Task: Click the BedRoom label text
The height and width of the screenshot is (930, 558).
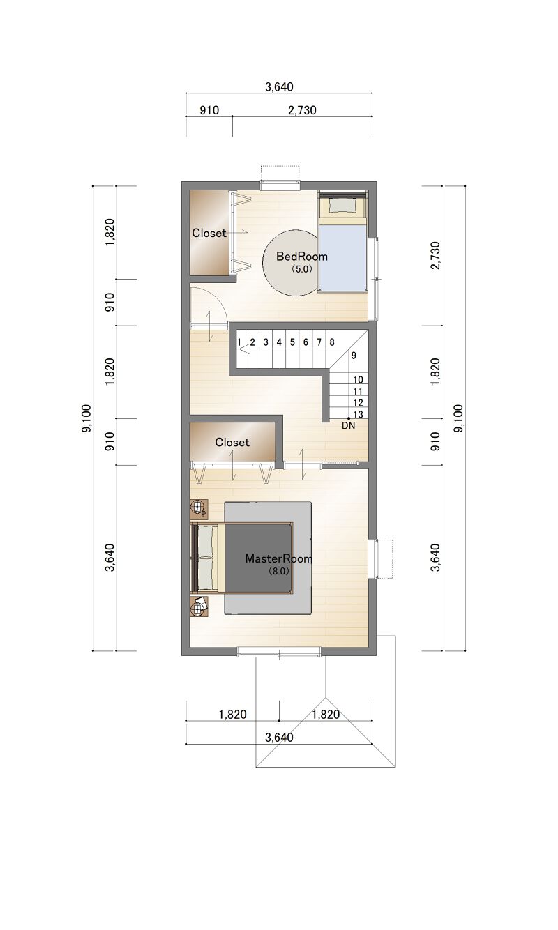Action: pyautogui.click(x=301, y=257)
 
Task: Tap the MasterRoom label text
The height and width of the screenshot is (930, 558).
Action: pyautogui.click(x=279, y=558)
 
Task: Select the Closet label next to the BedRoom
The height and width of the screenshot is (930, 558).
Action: pyautogui.click(x=209, y=234)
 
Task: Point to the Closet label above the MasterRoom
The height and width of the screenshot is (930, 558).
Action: pyautogui.click(x=232, y=443)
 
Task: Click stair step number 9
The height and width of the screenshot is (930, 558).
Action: pyautogui.click(x=354, y=356)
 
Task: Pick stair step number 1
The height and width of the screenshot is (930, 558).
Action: pyautogui.click(x=239, y=342)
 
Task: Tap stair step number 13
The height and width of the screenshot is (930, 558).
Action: pyautogui.click(x=358, y=414)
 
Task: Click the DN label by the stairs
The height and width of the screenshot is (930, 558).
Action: pyautogui.click(x=349, y=425)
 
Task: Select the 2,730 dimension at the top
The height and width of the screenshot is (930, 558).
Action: pyautogui.click(x=302, y=110)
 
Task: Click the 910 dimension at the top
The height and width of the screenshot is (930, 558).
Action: pyautogui.click(x=209, y=110)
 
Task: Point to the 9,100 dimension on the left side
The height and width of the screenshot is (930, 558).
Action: pyautogui.click(x=86, y=418)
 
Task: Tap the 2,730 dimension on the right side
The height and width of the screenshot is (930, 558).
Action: pyautogui.click(x=435, y=255)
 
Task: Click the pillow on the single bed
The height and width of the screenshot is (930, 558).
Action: pyautogui.click(x=342, y=206)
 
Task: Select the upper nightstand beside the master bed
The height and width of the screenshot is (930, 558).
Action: pyautogui.click(x=199, y=508)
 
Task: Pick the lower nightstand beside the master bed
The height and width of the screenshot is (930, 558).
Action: pyautogui.click(x=199, y=608)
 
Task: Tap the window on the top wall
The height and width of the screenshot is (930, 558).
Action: pyautogui.click(x=280, y=185)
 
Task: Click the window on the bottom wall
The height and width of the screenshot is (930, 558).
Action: pyautogui.click(x=279, y=651)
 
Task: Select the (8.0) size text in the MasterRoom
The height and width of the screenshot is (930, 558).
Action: pyautogui.click(x=278, y=571)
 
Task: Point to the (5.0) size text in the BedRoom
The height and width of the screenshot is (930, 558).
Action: pyautogui.click(x=301, y=269)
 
